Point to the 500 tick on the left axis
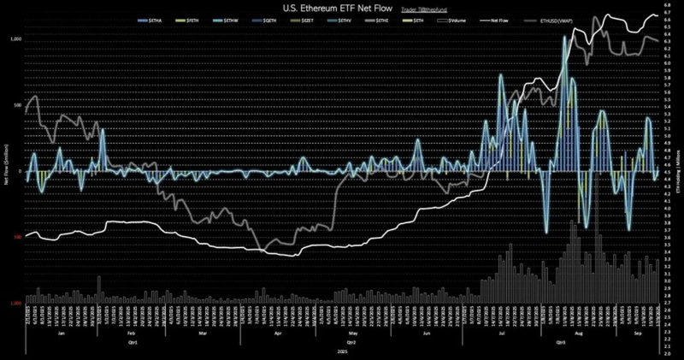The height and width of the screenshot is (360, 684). coord(18,106)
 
